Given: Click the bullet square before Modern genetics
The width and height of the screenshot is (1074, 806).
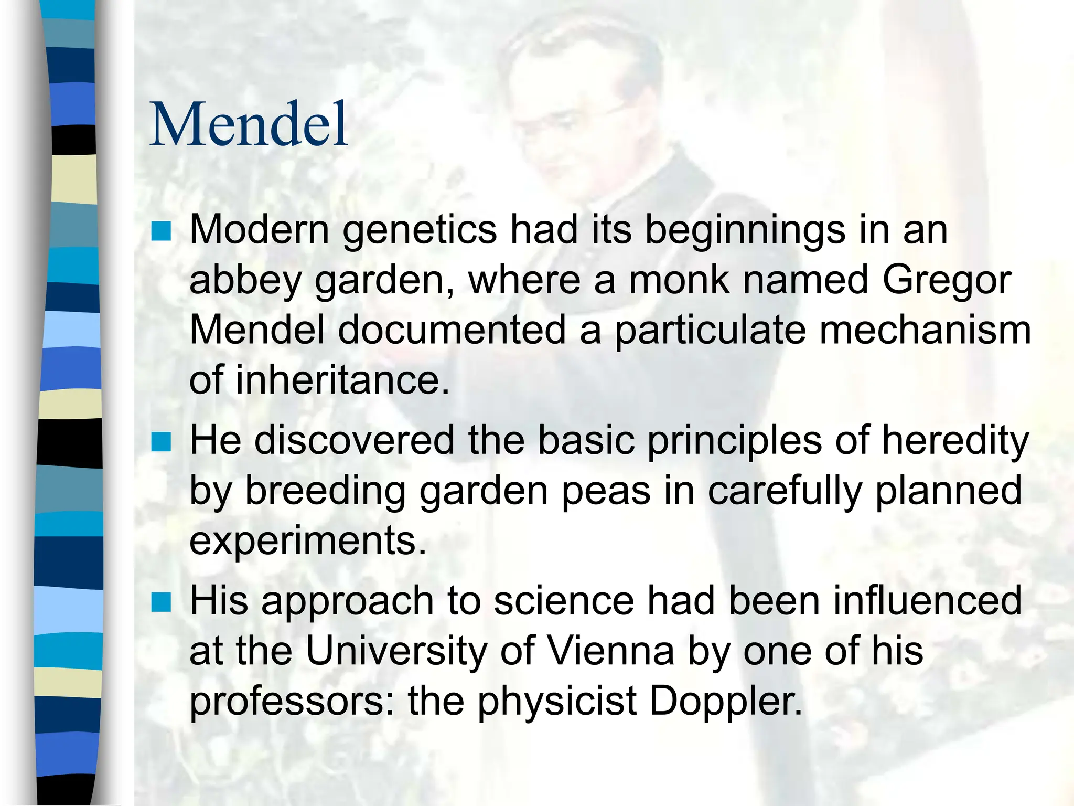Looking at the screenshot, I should (x=161, y=231).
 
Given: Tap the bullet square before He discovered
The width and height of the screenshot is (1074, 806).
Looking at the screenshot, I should (x=161, y=441).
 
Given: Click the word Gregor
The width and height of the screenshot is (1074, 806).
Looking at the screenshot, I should (x=947, y=281).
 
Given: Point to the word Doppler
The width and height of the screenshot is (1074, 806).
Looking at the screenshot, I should (x=726, y=702).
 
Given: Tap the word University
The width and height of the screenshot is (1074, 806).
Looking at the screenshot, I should (x=396, y=651).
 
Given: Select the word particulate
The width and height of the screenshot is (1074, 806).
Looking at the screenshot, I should (x=710, y=331).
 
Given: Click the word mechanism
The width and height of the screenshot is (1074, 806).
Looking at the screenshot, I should (x=925, y=330).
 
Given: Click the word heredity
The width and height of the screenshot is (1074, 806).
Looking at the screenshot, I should (x=955, y=441).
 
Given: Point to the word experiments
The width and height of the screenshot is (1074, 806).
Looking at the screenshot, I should (x=308, y=542).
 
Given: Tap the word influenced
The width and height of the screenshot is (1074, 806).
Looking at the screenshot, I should (x=927, y=601).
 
